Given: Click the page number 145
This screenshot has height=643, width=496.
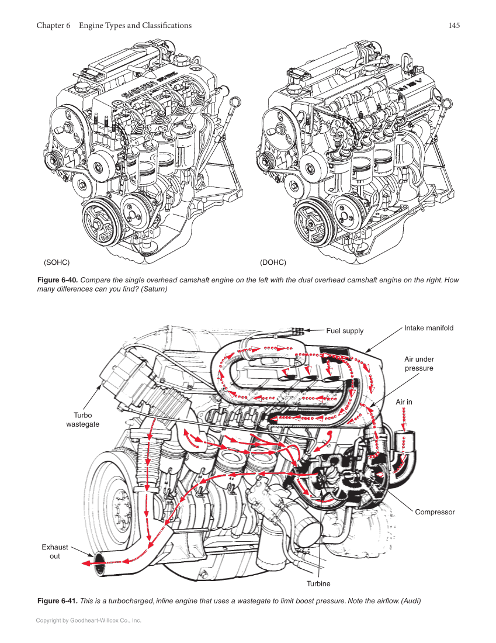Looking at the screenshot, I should coord(454,26).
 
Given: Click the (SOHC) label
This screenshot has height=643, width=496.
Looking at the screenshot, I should coord(57,262).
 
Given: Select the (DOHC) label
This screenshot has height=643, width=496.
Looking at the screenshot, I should coord(273,262).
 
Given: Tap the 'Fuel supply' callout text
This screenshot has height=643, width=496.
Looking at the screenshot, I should coord(345,331).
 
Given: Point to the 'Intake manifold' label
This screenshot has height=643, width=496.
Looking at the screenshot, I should coord(428,328).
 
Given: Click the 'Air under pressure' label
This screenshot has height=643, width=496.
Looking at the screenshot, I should coord(419,364).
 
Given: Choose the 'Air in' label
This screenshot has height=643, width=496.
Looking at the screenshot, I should coord(404,402).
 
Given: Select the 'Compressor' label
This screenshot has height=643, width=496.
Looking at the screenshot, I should coord(435,512).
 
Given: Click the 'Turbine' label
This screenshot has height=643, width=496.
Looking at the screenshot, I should coord(318,583).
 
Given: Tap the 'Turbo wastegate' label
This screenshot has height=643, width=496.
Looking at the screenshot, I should coord(82,420).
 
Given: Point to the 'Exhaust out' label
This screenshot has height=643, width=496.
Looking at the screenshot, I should coord(55,552).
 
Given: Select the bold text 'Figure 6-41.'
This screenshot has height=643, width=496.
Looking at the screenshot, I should coord(57,601).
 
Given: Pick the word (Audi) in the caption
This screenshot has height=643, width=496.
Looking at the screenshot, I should coord(410,601).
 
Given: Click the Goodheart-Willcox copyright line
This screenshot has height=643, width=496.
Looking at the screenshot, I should coord(89,620).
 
